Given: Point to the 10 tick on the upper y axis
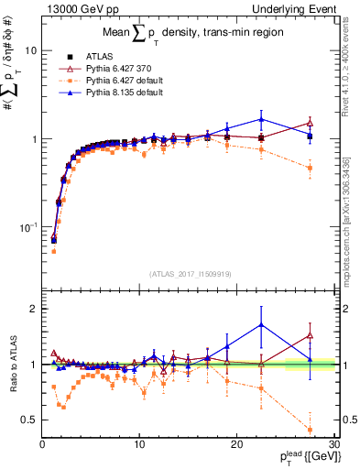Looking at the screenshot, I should click(x=30, y=51).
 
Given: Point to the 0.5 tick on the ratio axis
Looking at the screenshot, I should click(x=29, y=420).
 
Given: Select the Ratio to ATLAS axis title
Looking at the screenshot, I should click(x=12, y=365).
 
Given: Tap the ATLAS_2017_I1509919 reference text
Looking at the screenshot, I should click(x=189, y=272).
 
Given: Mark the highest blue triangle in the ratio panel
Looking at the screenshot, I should click(x=262, y=324).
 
